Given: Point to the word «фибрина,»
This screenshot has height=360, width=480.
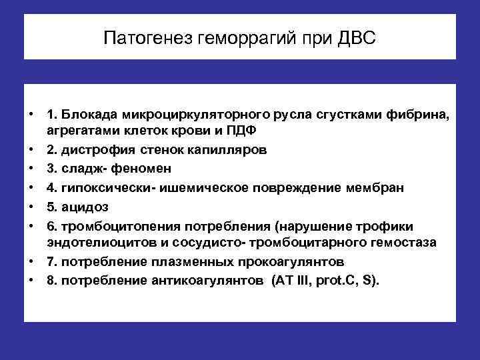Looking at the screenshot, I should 416,117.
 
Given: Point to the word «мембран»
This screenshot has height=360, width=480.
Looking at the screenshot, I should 375,187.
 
